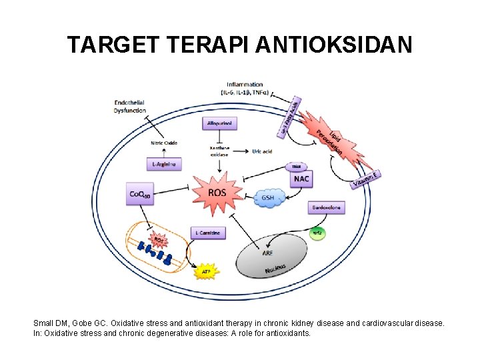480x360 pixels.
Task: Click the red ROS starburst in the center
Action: coord(217,193)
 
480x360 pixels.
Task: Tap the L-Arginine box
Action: coord(163,164)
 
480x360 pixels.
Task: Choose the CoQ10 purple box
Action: coord(140,194)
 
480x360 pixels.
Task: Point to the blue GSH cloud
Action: coord(269,198)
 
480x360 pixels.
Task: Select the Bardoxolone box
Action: coord(327,209)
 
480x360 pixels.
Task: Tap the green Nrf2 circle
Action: coord(318,233)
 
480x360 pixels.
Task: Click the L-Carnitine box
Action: coord(208,233)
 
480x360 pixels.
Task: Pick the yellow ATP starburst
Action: coord(207,272)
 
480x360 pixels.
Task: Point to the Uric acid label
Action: coord(263,151)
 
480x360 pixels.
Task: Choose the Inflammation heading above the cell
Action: coord(245,85)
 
